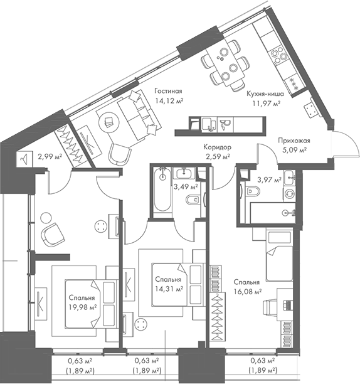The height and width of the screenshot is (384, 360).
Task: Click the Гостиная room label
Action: (168, 90)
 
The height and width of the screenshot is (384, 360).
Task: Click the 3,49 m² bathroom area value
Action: (186, 186)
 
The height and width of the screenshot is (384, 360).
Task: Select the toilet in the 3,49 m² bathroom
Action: (193, 200)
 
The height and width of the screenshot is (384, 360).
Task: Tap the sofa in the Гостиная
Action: (139, 113)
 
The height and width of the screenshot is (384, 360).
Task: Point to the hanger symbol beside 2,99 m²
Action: (24, 159)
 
